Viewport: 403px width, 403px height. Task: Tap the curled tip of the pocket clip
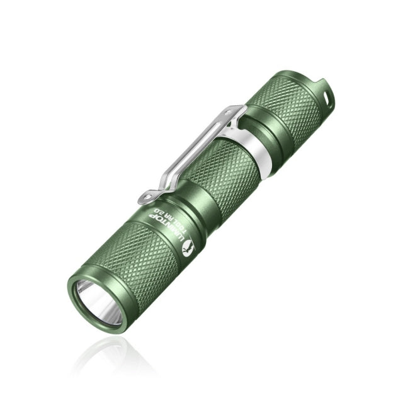(x=144, y=198)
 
